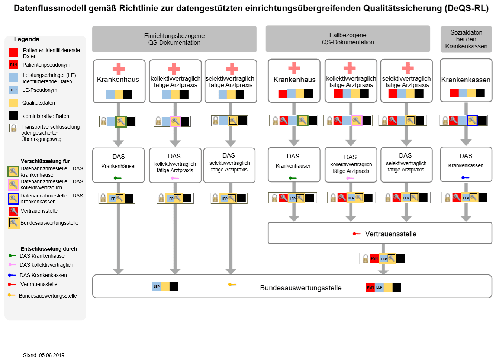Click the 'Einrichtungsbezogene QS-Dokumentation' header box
174,39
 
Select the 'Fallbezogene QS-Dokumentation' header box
348,39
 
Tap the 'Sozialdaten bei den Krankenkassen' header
466,39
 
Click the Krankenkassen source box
466,80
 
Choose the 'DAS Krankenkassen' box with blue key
466,164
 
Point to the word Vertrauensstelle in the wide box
391,234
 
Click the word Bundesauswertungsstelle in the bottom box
301,287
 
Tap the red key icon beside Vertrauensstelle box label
357,234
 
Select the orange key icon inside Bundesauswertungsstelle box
232,285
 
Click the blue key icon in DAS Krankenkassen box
466,177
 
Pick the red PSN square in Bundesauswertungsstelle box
370,287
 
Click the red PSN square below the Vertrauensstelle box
374,258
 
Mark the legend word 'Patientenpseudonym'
46,65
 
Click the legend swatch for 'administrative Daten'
14,116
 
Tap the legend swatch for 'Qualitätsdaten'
14,103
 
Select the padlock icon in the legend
13,128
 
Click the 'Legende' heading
26,39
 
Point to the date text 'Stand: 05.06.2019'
44,355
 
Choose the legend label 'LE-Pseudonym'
40,90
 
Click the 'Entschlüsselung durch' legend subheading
49,249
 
